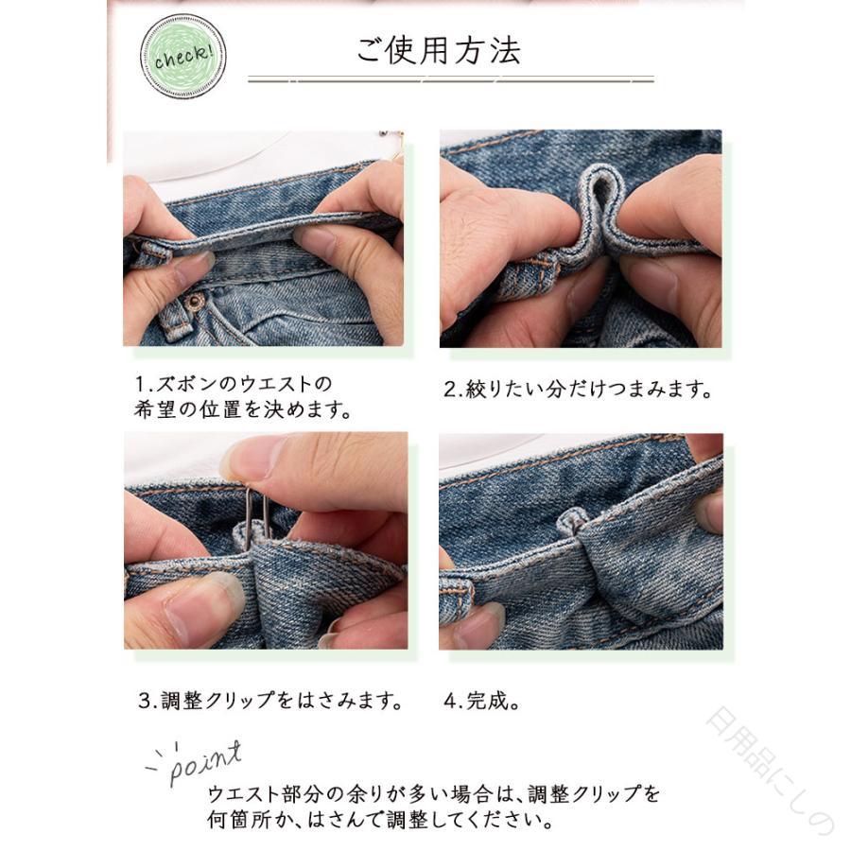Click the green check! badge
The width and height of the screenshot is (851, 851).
point(182,57)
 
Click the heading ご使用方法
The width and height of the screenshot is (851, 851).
point(439,50)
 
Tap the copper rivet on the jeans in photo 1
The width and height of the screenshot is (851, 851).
point(194,300)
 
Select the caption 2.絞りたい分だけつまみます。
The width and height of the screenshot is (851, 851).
point(578,390)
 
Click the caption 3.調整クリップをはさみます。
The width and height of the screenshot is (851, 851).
point(270,700)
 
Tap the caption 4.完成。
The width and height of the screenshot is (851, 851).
point(481,701)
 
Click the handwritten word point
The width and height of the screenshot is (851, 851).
point(203,762)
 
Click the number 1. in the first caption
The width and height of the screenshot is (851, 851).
point(145,384)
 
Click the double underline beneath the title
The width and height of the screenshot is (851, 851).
point(450,79)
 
